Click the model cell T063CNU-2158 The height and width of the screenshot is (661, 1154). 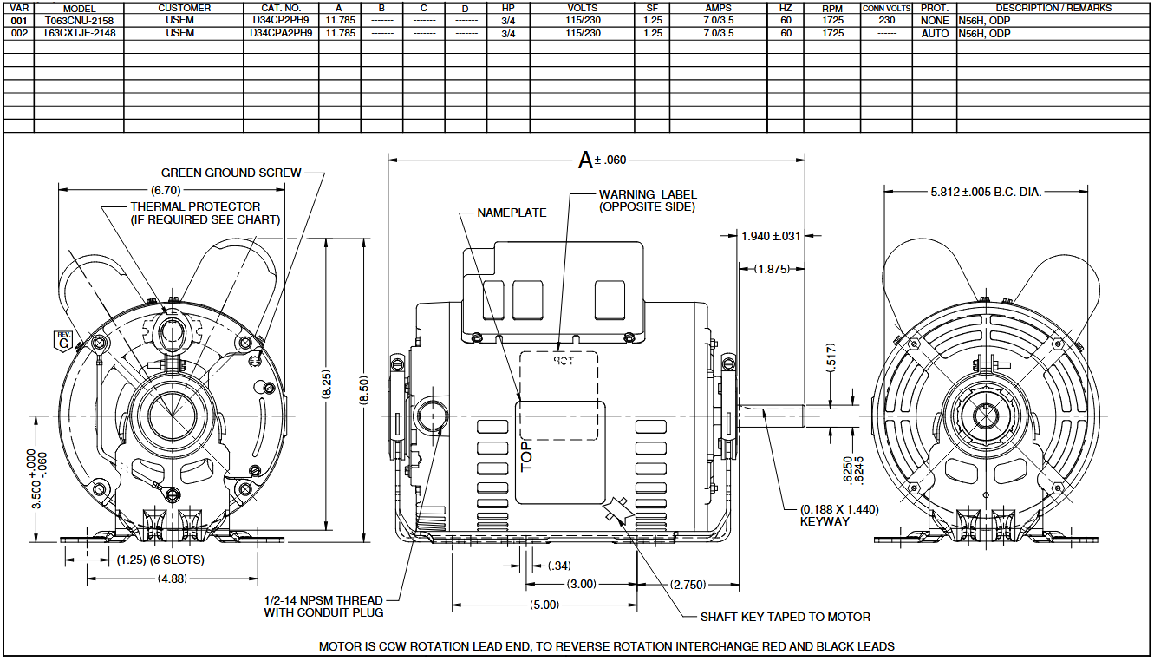pos(79,21)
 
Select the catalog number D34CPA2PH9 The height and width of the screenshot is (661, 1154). pos(281,33)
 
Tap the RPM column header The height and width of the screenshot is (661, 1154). pos(832,9)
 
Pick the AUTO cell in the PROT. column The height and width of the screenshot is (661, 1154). pos(935,34)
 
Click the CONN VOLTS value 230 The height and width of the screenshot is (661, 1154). pos(887,20)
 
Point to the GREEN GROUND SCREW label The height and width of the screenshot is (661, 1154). pos(231,173)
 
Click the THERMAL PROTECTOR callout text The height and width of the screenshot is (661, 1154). pos(205,213)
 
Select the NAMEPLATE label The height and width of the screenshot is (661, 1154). pos(512,213)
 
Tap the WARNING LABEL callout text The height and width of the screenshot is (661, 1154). pos(648,200)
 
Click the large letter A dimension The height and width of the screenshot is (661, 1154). pos(585,160)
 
